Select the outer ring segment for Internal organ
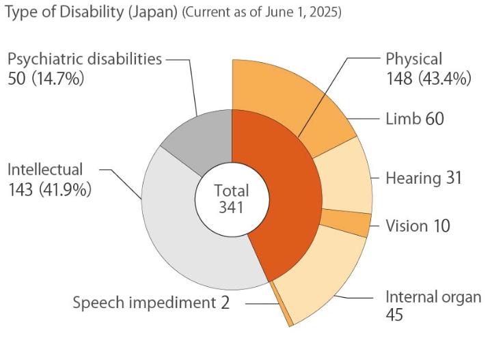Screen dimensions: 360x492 (321, 273)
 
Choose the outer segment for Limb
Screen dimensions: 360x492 (328, 126)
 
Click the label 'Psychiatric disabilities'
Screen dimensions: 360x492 (85, 59)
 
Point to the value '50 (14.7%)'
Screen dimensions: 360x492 (46, 79)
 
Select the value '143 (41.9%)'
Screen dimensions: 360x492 (49, 189)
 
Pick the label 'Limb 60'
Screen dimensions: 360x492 (415, 119)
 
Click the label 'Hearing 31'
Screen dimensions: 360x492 (424, 178)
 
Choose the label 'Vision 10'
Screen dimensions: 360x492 (418, 225)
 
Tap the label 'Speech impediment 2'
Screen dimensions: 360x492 (151, 303)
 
